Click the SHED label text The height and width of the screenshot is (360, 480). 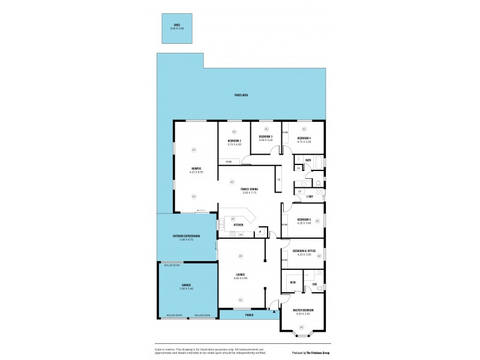point(177,25)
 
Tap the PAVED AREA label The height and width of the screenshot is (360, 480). point(241,95)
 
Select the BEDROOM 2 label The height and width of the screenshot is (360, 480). point(234,141)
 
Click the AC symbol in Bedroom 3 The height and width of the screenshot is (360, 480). point(266,128)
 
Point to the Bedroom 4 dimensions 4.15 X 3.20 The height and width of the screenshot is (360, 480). point(304,142)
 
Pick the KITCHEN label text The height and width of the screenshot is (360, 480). point(238,225)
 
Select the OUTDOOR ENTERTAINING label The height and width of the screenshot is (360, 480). point(186,236)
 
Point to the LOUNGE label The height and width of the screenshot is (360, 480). point(240,275)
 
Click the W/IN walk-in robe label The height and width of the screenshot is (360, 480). point(293,283)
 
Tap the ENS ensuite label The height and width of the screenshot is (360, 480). point(314,284)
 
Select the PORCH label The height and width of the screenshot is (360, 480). point(249,314)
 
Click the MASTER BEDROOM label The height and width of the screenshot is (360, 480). point(304,310)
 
